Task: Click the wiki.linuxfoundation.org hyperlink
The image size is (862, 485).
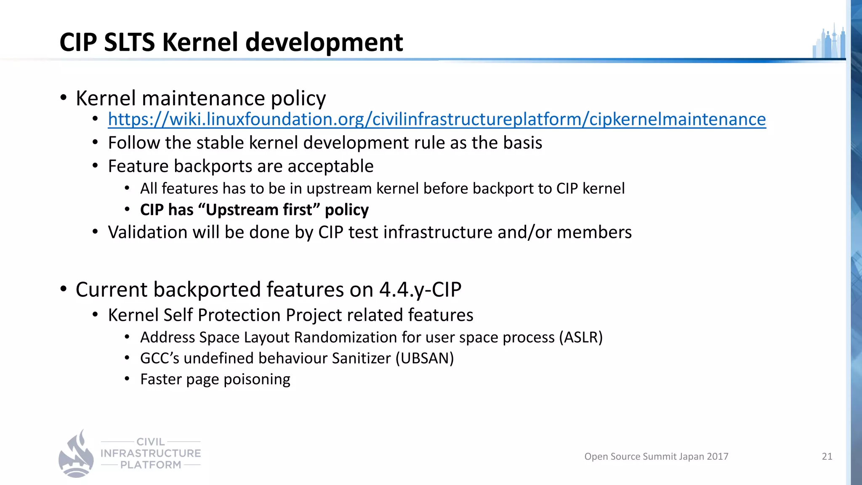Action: [x=436, y=120]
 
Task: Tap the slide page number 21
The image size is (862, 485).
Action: [x=827, y=456]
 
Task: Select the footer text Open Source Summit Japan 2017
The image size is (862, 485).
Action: [x=656, y=456]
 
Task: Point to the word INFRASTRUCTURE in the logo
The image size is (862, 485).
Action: [x=151, y=453]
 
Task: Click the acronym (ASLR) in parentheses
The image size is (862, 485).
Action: [x=581, y=338]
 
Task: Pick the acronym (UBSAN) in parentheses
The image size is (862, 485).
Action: [x=424, y=359]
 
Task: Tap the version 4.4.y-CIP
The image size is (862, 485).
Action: [x=420, y=290]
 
